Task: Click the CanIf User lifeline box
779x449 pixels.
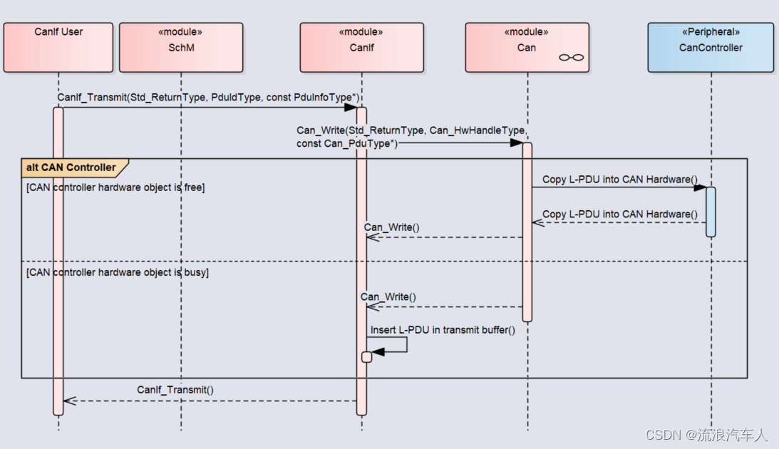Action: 58,47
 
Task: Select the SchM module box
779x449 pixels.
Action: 181,47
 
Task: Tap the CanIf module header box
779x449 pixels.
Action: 361,47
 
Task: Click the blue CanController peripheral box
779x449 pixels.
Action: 711,47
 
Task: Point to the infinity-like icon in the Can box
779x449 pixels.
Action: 572,58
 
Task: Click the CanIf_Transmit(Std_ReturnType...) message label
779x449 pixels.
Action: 208,98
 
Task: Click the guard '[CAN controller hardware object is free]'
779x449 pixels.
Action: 115,187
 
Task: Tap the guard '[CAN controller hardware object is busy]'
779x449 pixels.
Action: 118,272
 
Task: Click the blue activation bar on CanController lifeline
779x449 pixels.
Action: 711,212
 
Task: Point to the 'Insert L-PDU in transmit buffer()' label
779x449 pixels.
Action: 443,330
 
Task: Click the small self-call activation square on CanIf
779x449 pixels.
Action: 366,357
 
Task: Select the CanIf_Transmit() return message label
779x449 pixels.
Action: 175,390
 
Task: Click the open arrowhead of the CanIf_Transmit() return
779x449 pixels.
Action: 70,401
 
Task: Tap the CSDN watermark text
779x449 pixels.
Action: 706,435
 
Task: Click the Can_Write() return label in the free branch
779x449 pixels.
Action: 391,227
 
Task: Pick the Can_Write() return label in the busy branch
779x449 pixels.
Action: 388,297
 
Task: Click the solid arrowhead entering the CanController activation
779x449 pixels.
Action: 700,187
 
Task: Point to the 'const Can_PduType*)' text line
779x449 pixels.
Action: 347,143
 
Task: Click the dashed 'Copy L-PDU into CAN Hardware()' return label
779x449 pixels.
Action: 620,214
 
